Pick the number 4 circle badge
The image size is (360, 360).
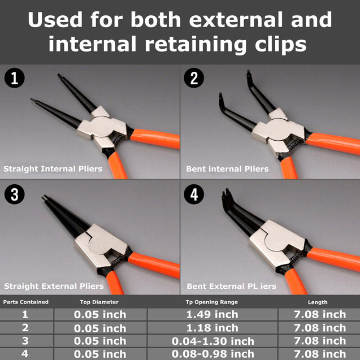pyautogui.click(x=194, y=195)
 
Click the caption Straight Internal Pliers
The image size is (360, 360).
pyautogui.click(x=53, y=168)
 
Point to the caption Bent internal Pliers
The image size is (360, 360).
pyautogui.click(x=227, y=168)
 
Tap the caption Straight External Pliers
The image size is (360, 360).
pyautogui.click(x=54, y=286)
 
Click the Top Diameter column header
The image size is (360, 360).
pyautogui.click(x=100, y=302)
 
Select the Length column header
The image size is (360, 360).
pyautogui.click(x=317, y=302)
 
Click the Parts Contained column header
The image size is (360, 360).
pyautogui.click(x=26, y=302)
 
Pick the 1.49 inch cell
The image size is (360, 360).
pyautogui.click(x=212, y=314)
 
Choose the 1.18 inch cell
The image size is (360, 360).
pyautogui.click(x=212, y=328)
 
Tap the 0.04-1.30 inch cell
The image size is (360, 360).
pyautogui.click(x=212, y=341)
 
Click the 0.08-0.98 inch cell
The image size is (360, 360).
pyautogui.click(x=212, y=354)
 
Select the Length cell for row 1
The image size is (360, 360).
pyautogui.click(x=319, y=314)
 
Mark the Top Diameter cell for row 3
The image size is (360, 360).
pyautogui.click(x=100, y=341)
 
